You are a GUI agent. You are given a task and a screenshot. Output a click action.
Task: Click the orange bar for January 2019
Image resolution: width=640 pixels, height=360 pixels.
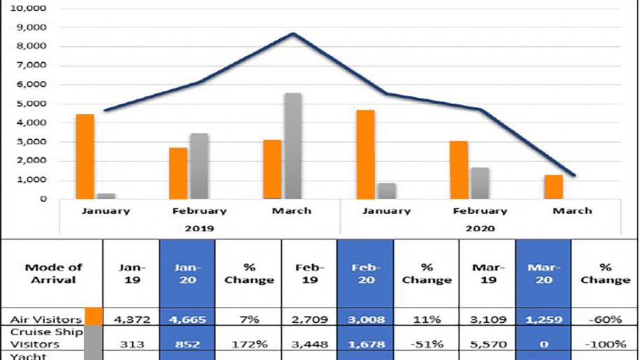[85, 157]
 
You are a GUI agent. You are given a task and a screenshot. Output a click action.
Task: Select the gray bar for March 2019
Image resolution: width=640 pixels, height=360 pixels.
[293, 146]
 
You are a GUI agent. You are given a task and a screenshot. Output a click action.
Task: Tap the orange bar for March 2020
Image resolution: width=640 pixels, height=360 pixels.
[554, 187]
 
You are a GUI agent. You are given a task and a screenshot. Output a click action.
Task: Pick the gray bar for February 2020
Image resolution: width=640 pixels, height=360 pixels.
[480, 183]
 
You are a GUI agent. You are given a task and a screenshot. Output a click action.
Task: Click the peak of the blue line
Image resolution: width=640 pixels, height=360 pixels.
[293, 34]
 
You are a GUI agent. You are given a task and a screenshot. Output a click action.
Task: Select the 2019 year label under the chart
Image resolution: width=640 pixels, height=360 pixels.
[200, 228]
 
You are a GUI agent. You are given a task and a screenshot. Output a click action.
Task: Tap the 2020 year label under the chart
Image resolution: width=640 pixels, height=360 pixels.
[480, 228]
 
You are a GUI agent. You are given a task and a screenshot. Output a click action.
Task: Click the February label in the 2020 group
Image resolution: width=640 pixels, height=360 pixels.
[480, 210]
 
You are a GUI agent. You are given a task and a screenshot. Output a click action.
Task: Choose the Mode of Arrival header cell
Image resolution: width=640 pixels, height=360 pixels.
[53, 273]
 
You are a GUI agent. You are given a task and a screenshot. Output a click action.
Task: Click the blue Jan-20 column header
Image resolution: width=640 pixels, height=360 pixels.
[187, 273]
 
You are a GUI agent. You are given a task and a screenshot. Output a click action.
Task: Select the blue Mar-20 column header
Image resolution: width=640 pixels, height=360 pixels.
[543, 273]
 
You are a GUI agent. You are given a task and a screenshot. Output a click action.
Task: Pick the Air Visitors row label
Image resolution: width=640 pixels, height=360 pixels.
[44, 319]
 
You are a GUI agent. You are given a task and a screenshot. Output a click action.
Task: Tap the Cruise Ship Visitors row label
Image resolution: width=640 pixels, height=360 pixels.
[43, 338]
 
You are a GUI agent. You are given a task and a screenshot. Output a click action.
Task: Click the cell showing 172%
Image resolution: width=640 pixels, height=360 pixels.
[248, 343]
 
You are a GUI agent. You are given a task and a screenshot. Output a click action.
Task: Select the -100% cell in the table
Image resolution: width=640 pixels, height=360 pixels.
[605, 343]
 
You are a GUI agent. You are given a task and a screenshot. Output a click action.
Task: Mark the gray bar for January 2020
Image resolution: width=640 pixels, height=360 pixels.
[387, 191]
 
